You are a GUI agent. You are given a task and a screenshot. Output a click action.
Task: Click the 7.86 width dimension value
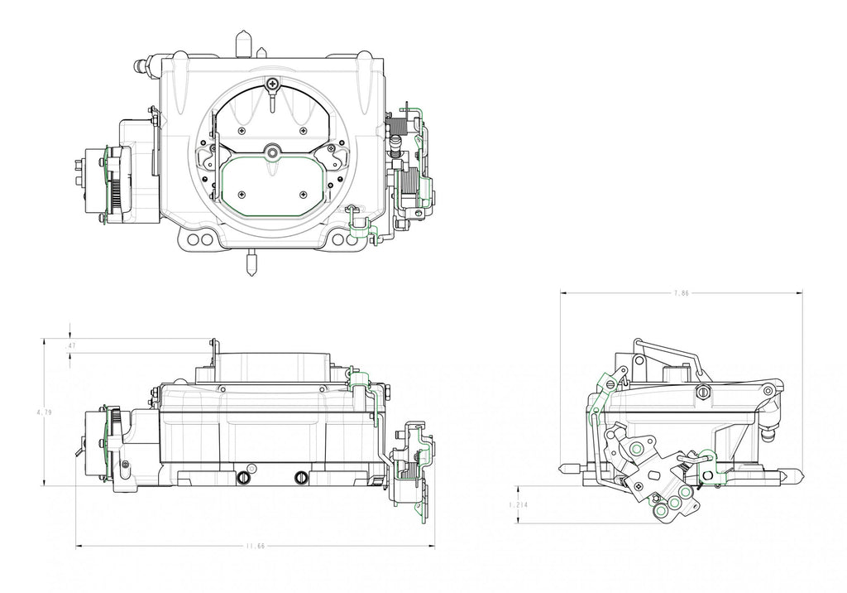(x=681, y=293)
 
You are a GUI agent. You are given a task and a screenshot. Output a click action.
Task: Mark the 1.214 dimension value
(x=519, y=504)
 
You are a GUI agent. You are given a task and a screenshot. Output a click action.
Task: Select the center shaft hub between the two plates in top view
(x=273, y=152)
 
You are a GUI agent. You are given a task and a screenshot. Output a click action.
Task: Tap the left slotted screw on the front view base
(x=243, y=478)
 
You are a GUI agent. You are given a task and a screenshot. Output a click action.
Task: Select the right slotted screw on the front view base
(x=301, y=478)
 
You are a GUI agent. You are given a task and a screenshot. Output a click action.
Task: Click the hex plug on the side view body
(x=703, y=393)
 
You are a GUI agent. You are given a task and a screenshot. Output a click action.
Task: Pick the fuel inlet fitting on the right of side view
(x=768, y=431)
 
